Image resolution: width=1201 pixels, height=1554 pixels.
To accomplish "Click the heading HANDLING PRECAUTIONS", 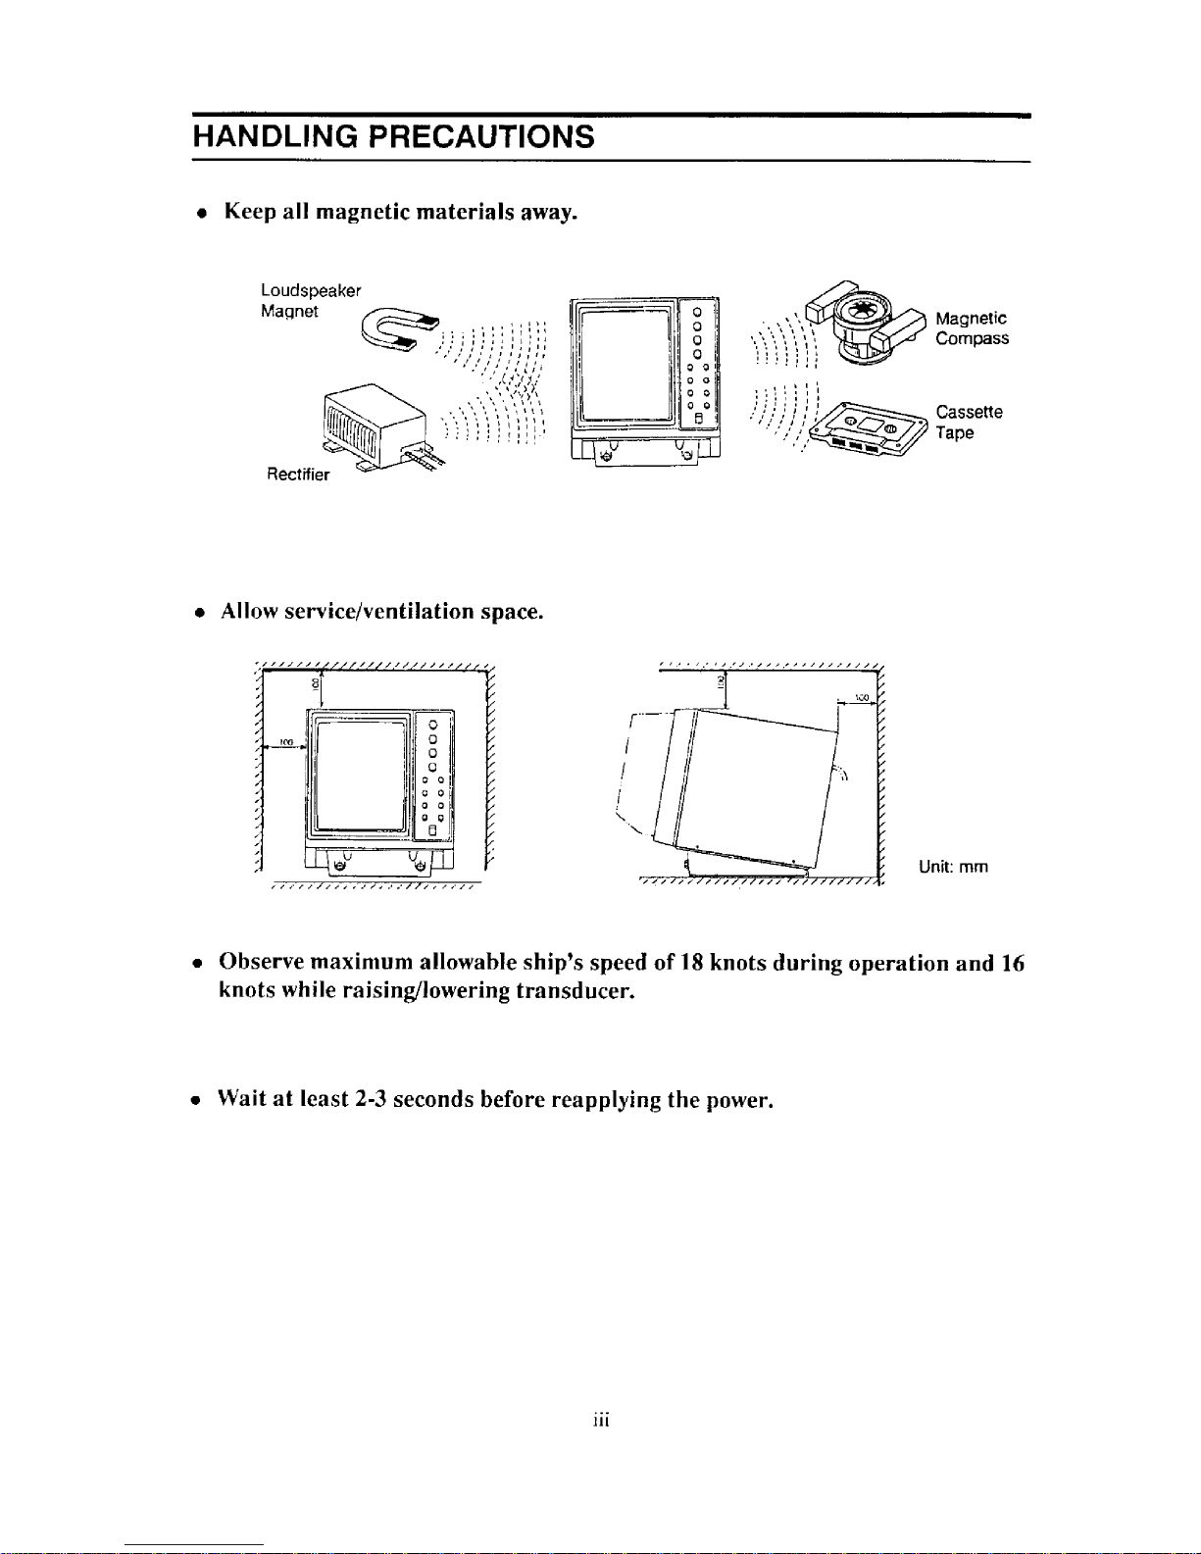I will [x=393, y=136].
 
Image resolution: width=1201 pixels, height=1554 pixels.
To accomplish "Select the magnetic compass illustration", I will [x=863, y=324].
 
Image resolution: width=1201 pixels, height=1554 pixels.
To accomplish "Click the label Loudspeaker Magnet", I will [x=310, y=301].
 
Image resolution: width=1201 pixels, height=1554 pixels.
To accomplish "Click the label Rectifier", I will [x=298, y=475].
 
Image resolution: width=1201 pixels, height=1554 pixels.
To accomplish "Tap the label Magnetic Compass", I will [x=972, y=328].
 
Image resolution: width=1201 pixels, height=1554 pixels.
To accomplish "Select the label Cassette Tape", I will [x=969, y=423].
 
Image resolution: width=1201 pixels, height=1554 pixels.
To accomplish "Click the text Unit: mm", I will [x=953, y=867].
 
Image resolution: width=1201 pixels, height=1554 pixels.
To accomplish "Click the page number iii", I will [x=601, y=1420].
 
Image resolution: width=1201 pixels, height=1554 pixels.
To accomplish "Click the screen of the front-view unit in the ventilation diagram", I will [x=358, y=775].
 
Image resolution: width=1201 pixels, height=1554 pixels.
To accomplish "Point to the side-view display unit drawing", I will [x=745, y=784].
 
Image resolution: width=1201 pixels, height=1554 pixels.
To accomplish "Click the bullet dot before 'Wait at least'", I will [x=197, y=1100].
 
